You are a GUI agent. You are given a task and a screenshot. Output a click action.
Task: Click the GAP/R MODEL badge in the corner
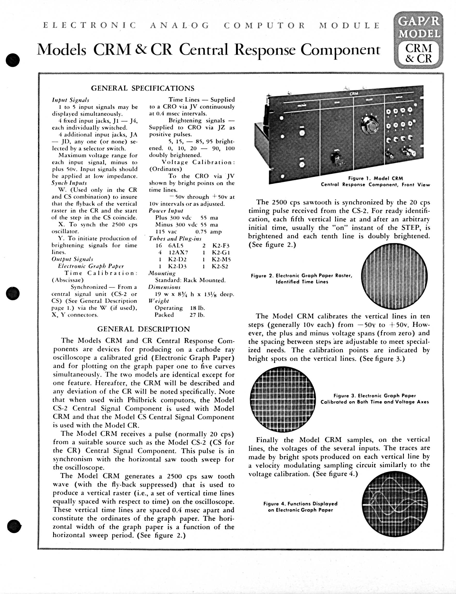[x=418, y=40]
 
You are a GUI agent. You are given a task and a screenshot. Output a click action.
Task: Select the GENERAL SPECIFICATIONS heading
[x=143, y=88]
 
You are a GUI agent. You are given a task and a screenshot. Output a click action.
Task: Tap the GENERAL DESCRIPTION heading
[x=143, y=329]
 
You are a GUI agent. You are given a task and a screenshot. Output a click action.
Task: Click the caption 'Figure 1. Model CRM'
[x=376, y=179]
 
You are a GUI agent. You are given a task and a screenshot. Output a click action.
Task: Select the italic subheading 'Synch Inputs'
[x=69, y=183]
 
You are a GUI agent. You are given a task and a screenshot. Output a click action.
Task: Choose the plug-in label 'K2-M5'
[x=221, y=259]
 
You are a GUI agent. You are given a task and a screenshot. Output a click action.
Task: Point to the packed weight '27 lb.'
[x=197, y=315]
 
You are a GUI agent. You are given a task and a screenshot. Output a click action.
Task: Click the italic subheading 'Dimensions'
[x=164, y=287]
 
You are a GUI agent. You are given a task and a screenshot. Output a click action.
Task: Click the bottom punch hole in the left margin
[x=14, y=526]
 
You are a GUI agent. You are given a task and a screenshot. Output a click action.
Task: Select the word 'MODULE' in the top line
[x=349, y=26]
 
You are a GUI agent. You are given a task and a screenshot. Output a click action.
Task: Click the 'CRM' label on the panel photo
[x=354, y=94]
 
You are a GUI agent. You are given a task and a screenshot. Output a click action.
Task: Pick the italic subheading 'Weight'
[x=159, y=301]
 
